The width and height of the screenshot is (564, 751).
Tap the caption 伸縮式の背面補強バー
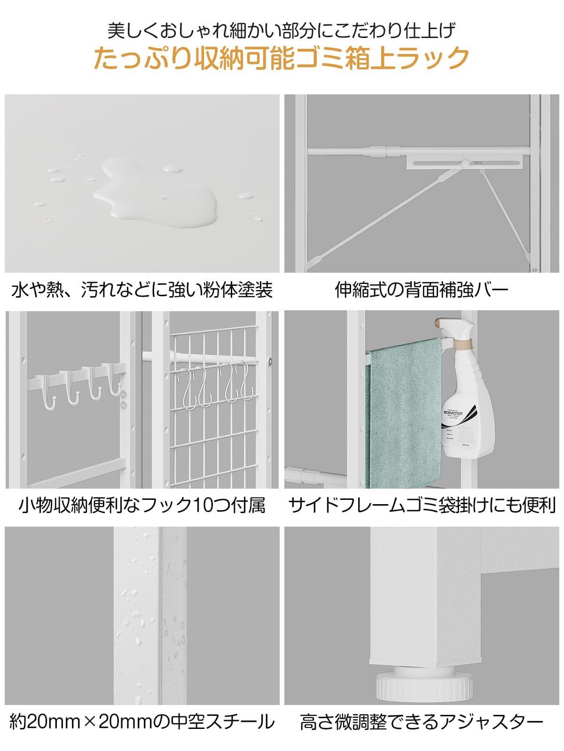[x=422, y=290]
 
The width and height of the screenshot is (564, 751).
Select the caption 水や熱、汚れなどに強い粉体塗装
[x=141, y=290]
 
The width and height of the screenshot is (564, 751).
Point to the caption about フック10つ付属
[x=142, y=505]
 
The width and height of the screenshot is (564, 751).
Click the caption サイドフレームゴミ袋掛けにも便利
[x=422, y=505]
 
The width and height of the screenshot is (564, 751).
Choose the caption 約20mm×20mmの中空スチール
[x=141, y=721]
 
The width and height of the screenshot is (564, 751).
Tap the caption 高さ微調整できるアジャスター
[x=422, y=721]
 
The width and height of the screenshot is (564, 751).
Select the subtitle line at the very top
[x=281, y=31]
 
